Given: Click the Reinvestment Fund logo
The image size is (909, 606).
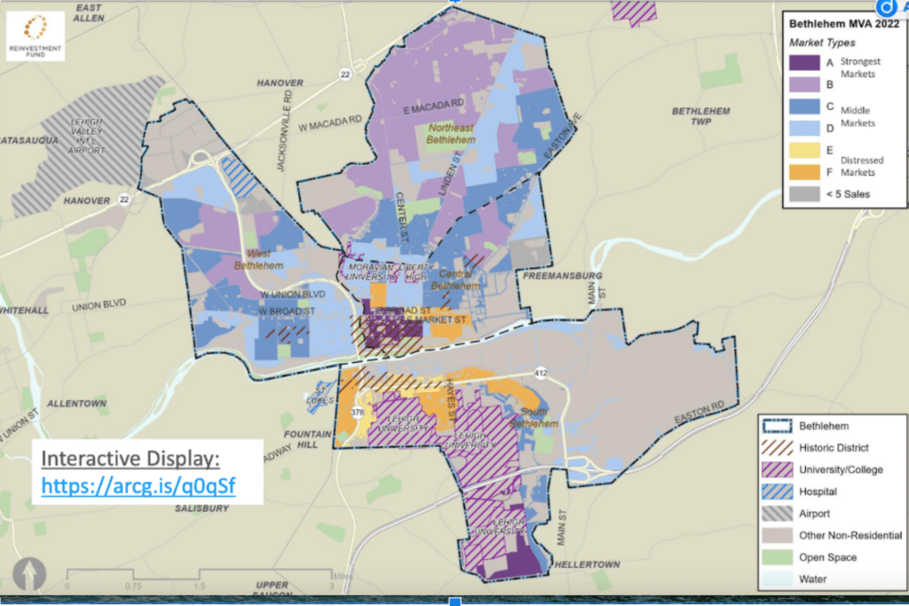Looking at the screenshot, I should pyautogui.click(x=36, y=35).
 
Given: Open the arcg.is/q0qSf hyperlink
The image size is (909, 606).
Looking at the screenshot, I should pyautogui.click(x=139, y=487).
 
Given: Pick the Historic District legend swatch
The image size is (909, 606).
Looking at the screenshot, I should pyautogui.click(x=779, y=447).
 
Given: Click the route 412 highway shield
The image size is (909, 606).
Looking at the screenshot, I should pyautogui.click(x=539, y=367).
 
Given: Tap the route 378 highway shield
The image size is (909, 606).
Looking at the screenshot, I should pyautogui.click(x=358, y=413).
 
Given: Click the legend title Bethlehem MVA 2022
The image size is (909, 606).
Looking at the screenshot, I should pyautogui.click(x=839, y=25).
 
